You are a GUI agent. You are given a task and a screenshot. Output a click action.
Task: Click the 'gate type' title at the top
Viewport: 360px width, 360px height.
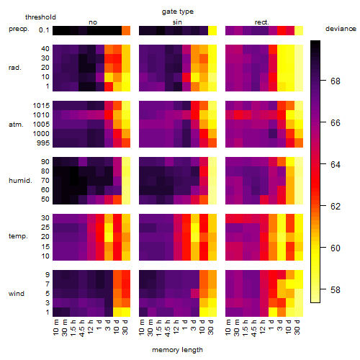(x=178, y=12)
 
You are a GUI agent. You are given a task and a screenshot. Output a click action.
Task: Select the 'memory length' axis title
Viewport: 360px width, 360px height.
(x=177, y=350)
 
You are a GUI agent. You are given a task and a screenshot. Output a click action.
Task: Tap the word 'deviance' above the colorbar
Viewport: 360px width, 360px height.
(x=341, y=29)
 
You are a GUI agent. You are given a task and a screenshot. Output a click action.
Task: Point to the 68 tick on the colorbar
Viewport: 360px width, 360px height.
(x=323, y=81)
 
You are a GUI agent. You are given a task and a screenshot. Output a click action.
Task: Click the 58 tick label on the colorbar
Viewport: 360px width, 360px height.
(x=336, y=290)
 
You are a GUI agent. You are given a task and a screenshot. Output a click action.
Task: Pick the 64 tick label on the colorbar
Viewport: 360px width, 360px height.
(x=336, y=165)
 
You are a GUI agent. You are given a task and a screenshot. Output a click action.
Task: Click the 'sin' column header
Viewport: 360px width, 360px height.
(x=177, y=22)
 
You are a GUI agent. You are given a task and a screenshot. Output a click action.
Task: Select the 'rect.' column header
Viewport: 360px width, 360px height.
(x=262, y=22)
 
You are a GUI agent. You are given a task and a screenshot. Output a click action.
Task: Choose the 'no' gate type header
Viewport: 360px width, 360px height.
(x=93, y=22)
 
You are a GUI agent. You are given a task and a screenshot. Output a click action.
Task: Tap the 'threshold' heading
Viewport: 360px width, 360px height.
(x=40, y=17)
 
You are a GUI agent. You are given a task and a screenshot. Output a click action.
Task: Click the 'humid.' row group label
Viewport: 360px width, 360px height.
(x=20, y=181)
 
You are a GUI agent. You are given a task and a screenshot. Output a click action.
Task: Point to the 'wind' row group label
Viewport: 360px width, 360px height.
(x=17, y=294)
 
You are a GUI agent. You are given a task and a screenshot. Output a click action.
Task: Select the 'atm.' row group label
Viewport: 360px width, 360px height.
(x=16, y=125)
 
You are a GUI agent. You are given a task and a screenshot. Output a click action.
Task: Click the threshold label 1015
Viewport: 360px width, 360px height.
(x=41, y=106)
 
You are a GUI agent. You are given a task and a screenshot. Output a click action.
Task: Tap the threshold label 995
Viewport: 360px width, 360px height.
(x=43, y=143)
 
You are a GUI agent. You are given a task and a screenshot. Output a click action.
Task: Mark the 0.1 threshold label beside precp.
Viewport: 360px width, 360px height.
(x=44, y=30)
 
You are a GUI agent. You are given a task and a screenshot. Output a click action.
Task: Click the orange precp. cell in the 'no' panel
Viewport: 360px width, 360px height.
(x=126, y=31)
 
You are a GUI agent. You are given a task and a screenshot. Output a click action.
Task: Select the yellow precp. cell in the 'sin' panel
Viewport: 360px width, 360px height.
(x=212, y=31)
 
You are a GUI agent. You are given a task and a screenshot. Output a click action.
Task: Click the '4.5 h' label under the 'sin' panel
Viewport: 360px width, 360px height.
(x=168, y=328)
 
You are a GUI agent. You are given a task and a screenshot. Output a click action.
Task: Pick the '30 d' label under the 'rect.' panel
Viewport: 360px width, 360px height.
(x=297, y=327)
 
